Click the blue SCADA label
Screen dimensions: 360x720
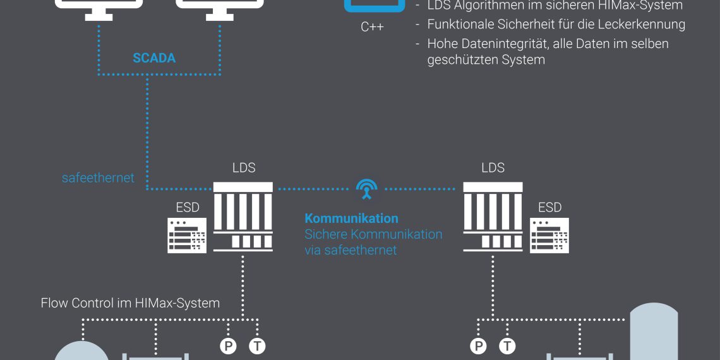(x=154, y=58)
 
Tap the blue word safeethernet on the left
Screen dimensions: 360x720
(x=98, y=178)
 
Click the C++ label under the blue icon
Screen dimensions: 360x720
(x=372, y=27)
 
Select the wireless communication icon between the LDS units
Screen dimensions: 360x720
(x=367, y=188)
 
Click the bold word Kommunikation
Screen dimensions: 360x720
(x=351, y=219)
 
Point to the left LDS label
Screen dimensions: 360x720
(x=244, y=168)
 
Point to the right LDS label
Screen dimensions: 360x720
(x=493, y=168)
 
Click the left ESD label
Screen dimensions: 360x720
(x=188, y=207)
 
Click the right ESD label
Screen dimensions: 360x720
(x=549, y=207)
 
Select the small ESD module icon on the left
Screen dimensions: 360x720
(x=187, y=236)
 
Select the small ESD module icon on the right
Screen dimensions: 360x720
(x=549, y=236)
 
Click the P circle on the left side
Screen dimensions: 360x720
(x=228, y=346)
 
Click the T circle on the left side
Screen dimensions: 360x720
(x=257, y=346)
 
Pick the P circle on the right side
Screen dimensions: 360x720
(x=479, y=346)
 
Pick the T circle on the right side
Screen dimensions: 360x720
(x=508, y=346)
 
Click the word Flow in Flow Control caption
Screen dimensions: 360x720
(x=54, y=303)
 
